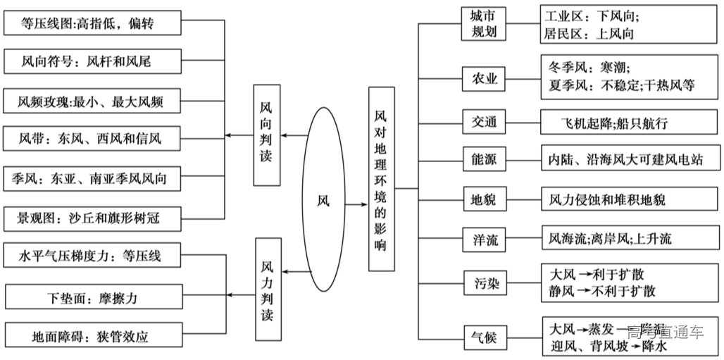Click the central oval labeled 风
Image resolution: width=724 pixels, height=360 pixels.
[323, 199]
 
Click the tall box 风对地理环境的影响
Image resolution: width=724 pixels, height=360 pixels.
[381, 179]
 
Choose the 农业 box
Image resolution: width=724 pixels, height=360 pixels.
[484, 79]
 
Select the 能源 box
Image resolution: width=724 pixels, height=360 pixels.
[484, 160]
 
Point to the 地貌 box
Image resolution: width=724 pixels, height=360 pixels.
[484, 199]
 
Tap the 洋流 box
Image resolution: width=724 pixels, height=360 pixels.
[484, 239]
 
